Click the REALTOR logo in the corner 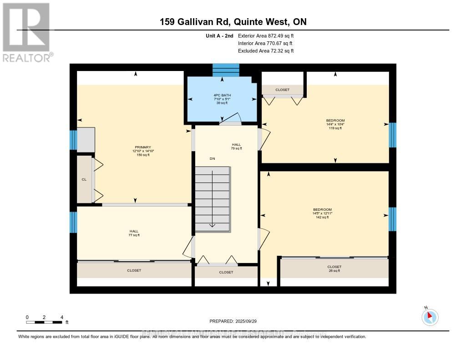click(x=26, y=32)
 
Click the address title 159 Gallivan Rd click(x=236, y=22)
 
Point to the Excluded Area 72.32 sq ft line click(x=266, y=51)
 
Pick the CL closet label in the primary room click(x=84, y=180)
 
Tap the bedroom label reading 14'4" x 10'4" click(x=335, y=124)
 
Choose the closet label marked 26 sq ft click(x=334, y=269)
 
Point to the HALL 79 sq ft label click(x=236, y=146)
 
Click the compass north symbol click(x=430, y=317)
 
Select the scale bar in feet click(x=44, y=322)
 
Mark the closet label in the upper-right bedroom click(x=282, y=90)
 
